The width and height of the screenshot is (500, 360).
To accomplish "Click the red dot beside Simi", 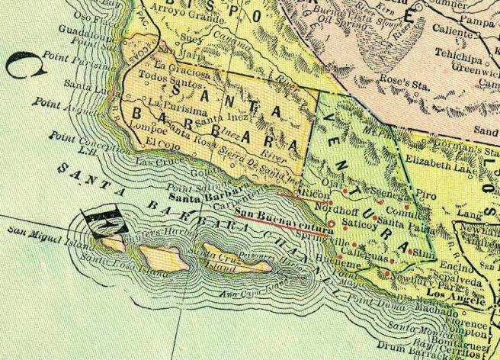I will coord(412,252).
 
